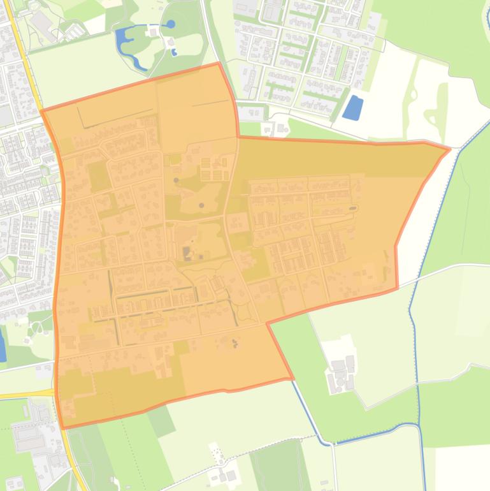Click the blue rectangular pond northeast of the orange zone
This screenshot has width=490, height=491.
352,107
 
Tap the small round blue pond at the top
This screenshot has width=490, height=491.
170,24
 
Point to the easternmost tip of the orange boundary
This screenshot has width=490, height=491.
450,149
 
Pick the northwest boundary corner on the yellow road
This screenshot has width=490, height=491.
42,111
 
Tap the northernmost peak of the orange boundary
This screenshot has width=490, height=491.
219,63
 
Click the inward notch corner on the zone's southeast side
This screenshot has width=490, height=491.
267,323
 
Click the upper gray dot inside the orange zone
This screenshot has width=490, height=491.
177,180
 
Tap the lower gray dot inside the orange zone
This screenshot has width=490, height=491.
202,205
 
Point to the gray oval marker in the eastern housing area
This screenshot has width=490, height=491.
352,208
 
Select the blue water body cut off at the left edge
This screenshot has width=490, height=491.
2,348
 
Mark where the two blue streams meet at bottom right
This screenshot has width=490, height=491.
418,425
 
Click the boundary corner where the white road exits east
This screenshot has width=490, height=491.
398,288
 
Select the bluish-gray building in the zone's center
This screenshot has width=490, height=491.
187,253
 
